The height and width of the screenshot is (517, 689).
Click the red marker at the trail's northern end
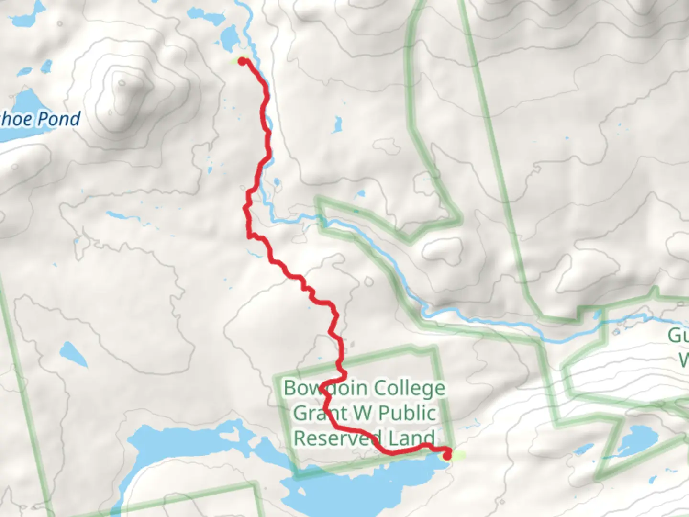(x=243, y=61)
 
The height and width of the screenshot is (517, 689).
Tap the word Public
(x=407, y=413)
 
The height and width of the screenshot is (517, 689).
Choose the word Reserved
(x=337, y=438)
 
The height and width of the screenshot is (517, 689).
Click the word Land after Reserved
(x=411, y=438)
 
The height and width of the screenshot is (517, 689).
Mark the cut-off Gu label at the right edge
(x=678, y=335)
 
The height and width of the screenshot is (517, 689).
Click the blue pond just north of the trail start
(x=229, y=38)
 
